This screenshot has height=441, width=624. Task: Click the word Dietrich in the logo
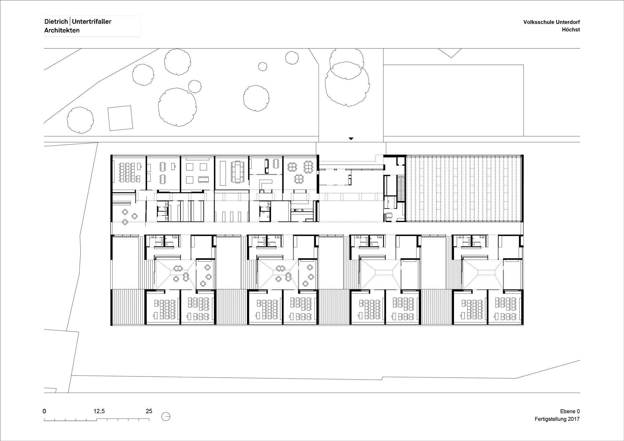[56, 22]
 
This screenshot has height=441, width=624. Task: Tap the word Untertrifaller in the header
[91, 22]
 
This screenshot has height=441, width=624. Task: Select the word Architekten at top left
[62, 30]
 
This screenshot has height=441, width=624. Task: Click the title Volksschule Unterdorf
[552, 22]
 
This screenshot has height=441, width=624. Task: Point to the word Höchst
[571, 30]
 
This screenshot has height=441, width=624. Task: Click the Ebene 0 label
[570, 411]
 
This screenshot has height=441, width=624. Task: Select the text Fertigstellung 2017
[557, 419]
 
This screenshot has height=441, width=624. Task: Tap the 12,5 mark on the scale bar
[99, 411]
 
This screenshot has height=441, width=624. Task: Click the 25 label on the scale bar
[149, 411]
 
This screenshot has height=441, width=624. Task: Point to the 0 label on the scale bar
[44, 411]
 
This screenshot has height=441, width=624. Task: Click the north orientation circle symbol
[166, 416]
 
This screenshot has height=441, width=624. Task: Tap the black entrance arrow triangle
[351, 138]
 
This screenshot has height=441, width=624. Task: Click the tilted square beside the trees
[120, 118]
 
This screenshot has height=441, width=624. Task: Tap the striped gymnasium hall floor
[464, 188]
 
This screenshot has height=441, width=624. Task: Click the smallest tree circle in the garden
[263, 66]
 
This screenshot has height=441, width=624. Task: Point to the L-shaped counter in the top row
[265, 184]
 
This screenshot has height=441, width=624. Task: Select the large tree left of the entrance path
[256, 98]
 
